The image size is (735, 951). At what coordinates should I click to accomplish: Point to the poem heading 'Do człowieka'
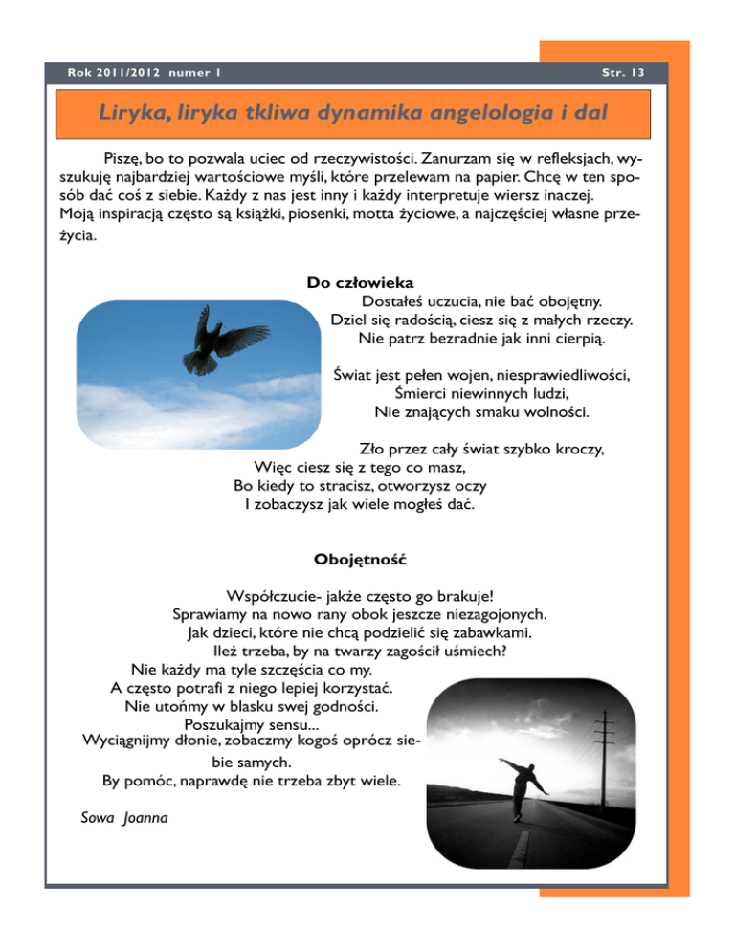click(x=360, y=283)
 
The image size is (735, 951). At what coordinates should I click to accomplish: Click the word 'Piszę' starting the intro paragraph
click(x=122, y=156)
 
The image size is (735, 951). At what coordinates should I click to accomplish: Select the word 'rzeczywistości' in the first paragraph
click(x=369, y=156)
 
